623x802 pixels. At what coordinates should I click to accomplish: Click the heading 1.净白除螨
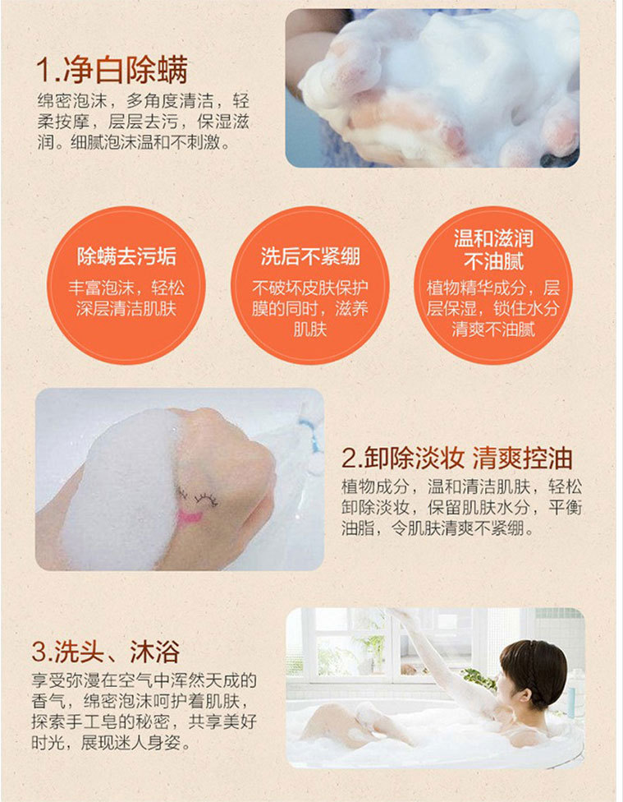[x=112, y=70]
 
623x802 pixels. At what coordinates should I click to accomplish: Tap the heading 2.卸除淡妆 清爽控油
[x=457, y=458]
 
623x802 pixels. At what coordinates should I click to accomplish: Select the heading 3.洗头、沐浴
[x=106, y=652]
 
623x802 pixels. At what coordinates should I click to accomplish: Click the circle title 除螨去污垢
[x=126, y=256]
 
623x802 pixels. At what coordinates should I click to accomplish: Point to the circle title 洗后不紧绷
[x=310, y=256]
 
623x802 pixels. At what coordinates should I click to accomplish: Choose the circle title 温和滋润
[x=493, y=238]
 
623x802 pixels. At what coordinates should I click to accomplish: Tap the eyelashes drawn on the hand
[x=197, y=498]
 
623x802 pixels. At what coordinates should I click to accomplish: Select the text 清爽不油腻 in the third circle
[x=493, y=330]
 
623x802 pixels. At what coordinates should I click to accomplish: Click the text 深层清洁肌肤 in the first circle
[x=126, y=309]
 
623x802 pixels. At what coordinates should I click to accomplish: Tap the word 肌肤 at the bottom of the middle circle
[x=310, y=330]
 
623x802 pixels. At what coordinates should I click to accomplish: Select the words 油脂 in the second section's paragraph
[x=358, y=528]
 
